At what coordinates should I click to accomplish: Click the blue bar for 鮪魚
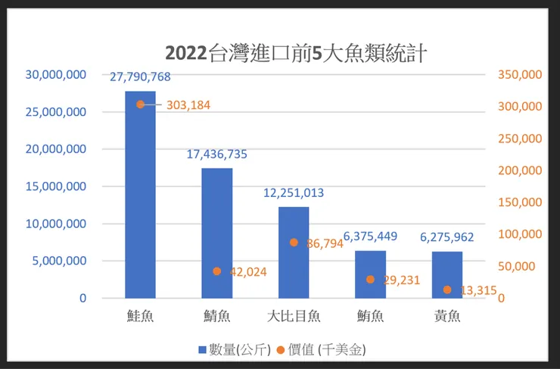(370, 274)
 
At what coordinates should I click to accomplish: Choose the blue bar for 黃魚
(447, 275)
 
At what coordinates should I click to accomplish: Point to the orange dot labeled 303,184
(140, 104)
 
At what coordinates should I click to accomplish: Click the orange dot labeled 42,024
(216, 271)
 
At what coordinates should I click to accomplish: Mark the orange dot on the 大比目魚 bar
(294, 242)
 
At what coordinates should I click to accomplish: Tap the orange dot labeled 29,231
(370, 280)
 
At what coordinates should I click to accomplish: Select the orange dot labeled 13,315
(447, 289)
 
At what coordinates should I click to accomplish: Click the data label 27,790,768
(140, 77)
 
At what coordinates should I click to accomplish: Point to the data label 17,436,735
(216, 155)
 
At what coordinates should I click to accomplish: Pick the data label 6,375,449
(370, 237)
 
